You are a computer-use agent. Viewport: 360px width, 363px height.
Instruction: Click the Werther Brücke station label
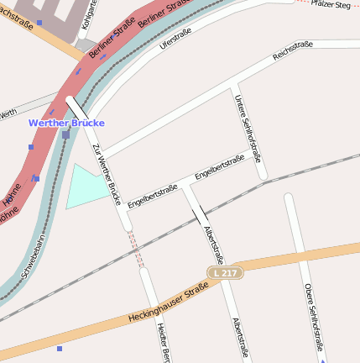[x=66, y=123]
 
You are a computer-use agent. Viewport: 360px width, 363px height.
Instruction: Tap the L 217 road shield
[x=223, y=272]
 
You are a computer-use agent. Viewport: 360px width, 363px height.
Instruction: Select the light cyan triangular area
[x=85, y=187]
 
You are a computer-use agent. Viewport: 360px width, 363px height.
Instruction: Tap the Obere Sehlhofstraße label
[x=315, y=316]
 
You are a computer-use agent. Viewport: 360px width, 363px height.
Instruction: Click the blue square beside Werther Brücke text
[x=65, y=134]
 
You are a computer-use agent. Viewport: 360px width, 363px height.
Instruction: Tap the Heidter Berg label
[x=163, y=343]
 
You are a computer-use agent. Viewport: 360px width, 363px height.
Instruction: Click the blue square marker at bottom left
[x=60, y=348]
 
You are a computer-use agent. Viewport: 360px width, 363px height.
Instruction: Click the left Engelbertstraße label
[x=152, y=193]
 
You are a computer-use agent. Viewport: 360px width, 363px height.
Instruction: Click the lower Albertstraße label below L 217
[x=242, y=338]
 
